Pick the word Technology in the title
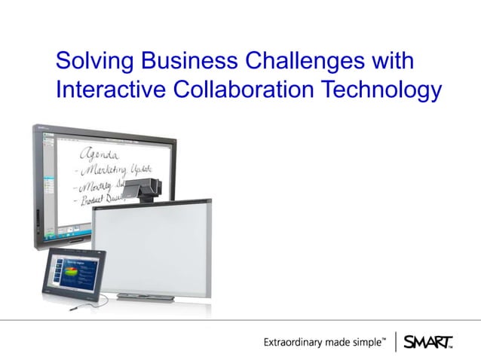point(381,90)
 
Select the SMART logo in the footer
point(428,342)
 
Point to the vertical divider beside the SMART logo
point(396,342)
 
